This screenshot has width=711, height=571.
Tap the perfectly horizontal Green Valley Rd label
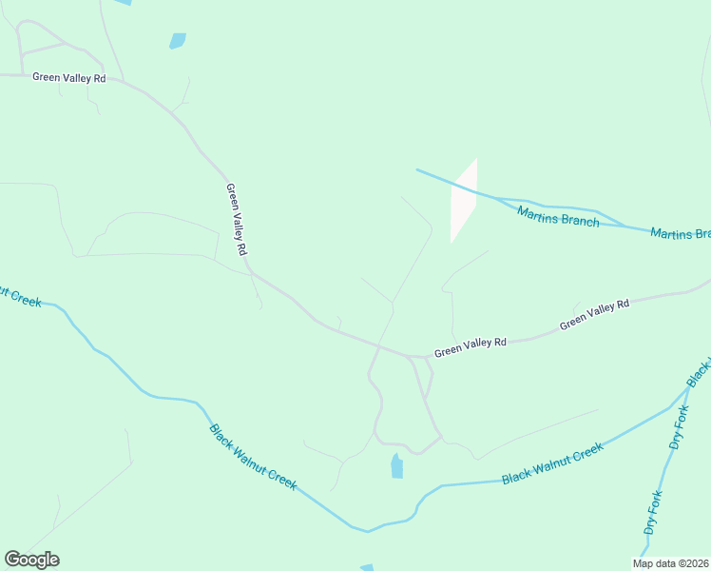tap(68, 78)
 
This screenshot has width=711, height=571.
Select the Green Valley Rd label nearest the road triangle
tap(471, 346)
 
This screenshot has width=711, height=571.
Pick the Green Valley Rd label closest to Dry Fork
tap(594, 315)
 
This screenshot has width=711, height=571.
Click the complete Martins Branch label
tap(558, 216)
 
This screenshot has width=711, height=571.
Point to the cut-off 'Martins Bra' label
tap(681, 233)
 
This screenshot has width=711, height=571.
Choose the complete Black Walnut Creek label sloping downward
tap(253, 457)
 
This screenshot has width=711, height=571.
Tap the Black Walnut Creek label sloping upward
tap(552, 463)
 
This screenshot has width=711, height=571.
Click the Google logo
tap(31, 560)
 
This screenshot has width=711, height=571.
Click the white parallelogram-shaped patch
tap(463, 200)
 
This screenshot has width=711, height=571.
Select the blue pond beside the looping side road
tap(396, 466)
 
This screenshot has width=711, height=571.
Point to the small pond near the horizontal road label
tap(177, 41)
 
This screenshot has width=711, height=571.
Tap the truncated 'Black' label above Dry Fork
tap(703, 370)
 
